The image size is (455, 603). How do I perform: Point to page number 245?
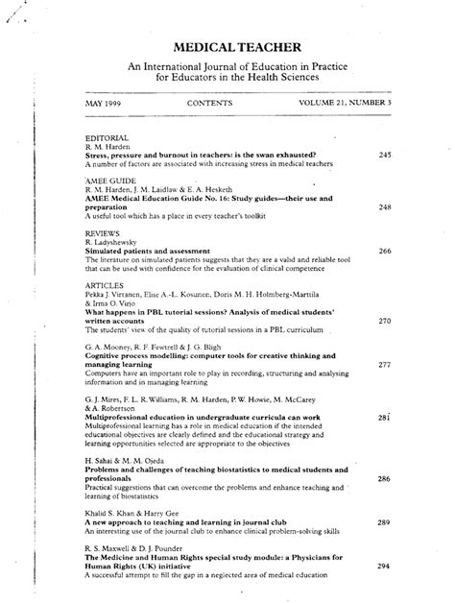tap(384, 154)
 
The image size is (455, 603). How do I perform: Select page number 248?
tap(384, 206)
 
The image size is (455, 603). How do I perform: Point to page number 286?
tap(384, 477)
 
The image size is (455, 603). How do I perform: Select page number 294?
tap(384, 566)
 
